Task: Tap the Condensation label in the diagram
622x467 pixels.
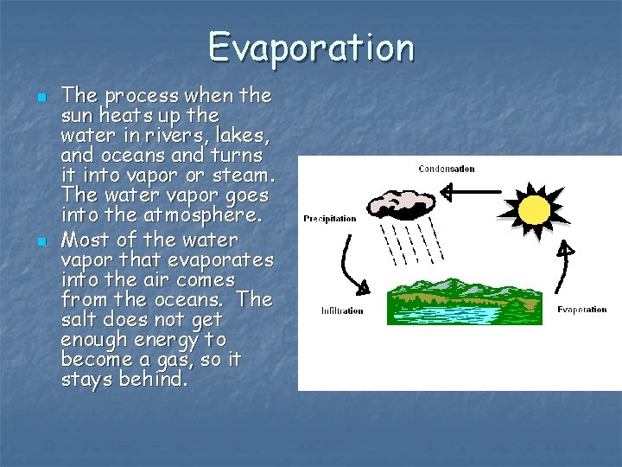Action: pyautogui.click(x=446, y=169)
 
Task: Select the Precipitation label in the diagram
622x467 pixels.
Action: pyautogui.click(x=329, y=219)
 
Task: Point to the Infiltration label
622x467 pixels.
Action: pyautogui.click(x=342, y=310)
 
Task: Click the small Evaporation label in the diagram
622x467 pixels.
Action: pyautogui.click(x=581, y=310)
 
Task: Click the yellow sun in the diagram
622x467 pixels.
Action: pyautogui.click(x=534, y=208)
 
